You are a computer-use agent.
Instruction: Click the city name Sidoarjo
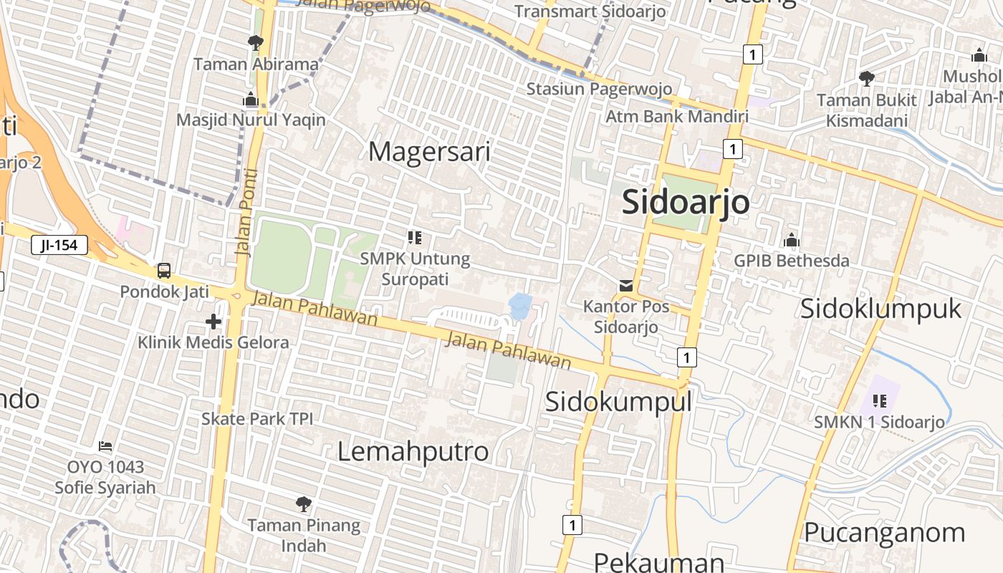686,202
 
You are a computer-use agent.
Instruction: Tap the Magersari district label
429,152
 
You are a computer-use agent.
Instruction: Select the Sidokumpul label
618,402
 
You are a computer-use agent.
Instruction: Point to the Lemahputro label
413,451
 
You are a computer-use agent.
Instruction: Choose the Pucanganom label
884,533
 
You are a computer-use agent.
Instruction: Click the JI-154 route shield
59,246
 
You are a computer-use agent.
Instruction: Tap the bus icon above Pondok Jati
164,271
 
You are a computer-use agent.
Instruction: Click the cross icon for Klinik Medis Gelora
213,322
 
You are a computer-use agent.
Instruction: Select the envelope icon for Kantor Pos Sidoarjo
626,286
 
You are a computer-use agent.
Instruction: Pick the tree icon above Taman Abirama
255,43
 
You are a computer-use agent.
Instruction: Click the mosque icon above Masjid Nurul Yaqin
251,99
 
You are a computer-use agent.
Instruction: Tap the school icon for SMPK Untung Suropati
414,237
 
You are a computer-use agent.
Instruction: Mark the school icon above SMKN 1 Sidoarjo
879,400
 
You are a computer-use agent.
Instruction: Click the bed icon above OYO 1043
105,446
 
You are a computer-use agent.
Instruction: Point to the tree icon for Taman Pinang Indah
304,504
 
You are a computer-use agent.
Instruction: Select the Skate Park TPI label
257,418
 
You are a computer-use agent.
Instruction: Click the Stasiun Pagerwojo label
599,89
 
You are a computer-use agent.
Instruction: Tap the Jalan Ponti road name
246,212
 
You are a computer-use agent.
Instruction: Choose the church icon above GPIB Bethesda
792,239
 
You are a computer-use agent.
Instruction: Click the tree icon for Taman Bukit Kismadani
866,78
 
